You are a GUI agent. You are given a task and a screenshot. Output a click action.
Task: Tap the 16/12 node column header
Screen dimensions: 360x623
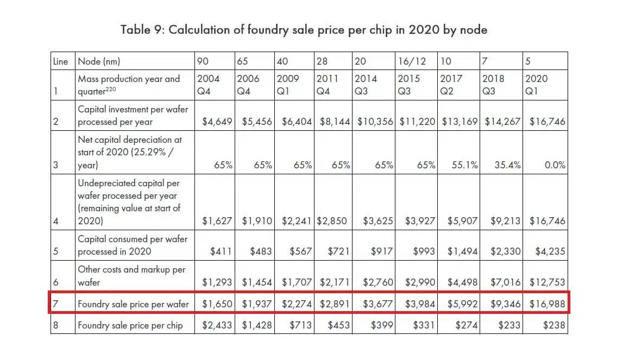(410, 61)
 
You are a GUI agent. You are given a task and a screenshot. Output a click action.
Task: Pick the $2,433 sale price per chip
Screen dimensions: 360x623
(217, 326)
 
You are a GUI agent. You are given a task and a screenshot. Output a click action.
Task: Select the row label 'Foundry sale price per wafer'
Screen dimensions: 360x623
(133, 304)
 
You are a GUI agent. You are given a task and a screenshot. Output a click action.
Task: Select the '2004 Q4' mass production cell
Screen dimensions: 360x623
(209, 85)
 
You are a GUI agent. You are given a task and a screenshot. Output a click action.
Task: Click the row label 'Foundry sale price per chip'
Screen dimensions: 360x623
(130, 326)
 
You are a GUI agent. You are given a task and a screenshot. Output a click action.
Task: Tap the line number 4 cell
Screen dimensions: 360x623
(56, 221)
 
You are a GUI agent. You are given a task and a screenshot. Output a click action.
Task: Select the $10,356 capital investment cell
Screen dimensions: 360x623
(375, 122)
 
